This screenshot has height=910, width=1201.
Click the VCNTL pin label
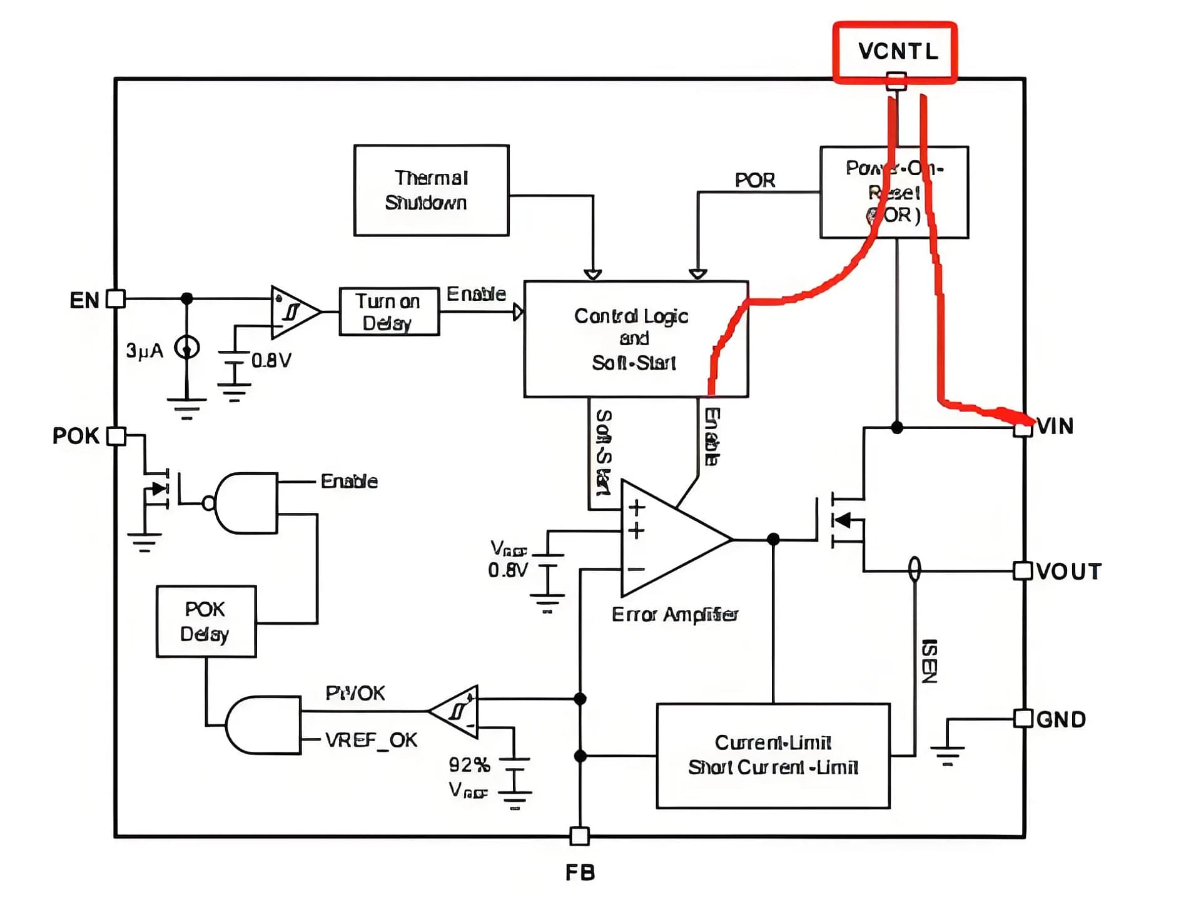click(x=898, y=51)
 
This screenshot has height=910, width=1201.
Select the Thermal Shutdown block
click(x=431, y=190)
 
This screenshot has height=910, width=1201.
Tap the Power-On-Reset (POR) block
click(x=894, y=192)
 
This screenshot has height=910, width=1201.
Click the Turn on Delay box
click(x=389, y=311)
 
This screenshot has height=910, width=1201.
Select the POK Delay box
click(x=206, y=621)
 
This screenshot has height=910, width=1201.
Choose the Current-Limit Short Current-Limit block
click(x=773, y=756)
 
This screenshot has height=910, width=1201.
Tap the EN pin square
click(x=116, y=299)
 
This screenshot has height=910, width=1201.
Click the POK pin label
click(x=76, y=436)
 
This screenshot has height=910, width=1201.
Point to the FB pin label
click(x=580, y=872)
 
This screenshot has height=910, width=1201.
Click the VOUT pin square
click(x=1022, y=570)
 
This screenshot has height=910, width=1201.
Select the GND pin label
click(x=1061, y=719)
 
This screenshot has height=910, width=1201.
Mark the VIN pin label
click(x=1056, y=427)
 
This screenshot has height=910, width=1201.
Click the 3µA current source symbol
click(x=186, y=347)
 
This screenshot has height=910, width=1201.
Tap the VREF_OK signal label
click(x=371, y=741)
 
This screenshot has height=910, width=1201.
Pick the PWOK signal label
click(x=355, y=693)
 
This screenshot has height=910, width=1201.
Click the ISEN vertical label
click(x=930, y=661)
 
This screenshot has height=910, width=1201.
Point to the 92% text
click(x=469, y=764)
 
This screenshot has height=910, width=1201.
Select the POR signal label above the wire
click(x=754, y=180)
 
